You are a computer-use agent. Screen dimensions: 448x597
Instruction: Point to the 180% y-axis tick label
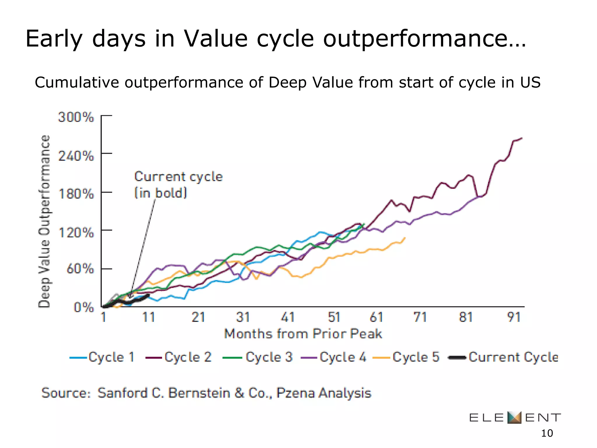tap(76, 194)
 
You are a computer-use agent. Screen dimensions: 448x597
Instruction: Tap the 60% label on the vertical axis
tap(80, 269)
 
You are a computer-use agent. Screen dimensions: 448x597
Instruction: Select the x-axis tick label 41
tap(288, 317)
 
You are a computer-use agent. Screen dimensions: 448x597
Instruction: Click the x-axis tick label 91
tap(514, 317)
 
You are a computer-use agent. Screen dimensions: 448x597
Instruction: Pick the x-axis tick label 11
tap(148, 317)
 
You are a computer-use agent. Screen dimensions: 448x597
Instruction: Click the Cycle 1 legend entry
tap(103, 357)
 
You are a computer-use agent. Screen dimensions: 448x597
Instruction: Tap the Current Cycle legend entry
tap(503, 357)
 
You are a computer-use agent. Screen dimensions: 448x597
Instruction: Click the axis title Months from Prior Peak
tap(303, 334)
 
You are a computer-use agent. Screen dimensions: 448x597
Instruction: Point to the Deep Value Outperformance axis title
tap(44, 222)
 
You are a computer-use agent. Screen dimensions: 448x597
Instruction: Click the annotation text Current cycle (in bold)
tap(178, 185)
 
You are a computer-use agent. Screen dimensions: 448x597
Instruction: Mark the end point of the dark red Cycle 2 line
tap(522, 138)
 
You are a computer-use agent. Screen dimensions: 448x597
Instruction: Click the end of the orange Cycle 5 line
tap(405, 238)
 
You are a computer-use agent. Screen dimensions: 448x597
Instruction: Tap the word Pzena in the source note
tap(295, 393)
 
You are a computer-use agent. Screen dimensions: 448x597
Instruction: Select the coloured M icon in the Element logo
tap(514, 418)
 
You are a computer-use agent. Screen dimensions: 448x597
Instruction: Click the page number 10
tap(547, 433)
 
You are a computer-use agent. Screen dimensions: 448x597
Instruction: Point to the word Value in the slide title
tap(216, 38)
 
